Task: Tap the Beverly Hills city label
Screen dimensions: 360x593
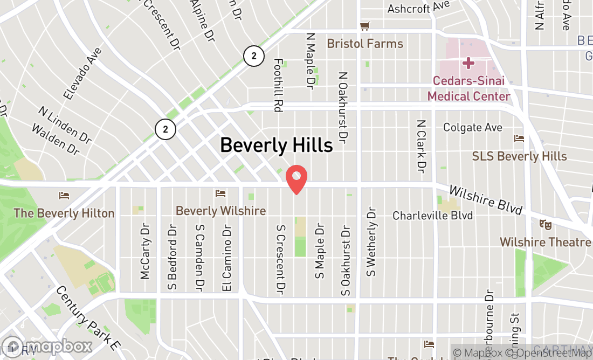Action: pos(276,145)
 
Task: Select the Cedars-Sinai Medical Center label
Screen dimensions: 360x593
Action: pos(468,89)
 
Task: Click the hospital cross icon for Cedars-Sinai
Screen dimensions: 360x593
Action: pos(468,64)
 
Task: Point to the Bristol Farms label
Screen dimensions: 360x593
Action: pos(365,44)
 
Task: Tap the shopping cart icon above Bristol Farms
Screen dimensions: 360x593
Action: pos(365,26)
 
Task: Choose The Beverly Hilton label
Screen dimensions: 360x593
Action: pos(64,213)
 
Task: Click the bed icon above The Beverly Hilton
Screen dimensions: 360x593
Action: pos(64,195)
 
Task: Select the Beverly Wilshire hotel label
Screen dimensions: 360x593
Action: pos(221,211)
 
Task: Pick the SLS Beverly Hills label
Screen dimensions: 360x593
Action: pos(520,156)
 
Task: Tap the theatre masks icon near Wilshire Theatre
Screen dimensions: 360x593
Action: pos(545,224)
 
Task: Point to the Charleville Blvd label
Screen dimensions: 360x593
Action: pos(432,216)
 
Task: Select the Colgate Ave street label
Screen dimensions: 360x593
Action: pos(473,128)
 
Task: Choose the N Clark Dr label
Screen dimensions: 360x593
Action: pos(422,146)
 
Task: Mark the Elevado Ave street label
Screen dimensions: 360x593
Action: pos(82,73)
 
